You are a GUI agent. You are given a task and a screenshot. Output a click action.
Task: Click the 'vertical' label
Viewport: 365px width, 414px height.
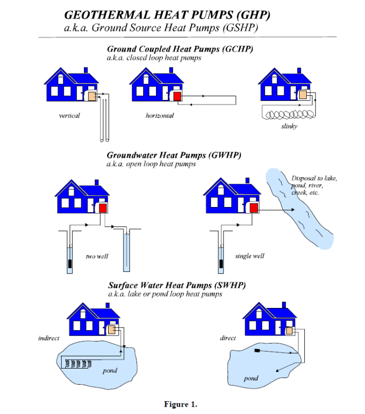point(69,115)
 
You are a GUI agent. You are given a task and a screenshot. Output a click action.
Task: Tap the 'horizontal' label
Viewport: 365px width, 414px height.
point(160,115)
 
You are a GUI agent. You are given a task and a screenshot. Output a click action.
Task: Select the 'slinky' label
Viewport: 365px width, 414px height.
point(289,126)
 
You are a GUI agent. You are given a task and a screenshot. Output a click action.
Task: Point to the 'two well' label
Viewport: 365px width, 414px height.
point(97,256)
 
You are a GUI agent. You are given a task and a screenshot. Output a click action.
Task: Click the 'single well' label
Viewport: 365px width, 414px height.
point(250,256)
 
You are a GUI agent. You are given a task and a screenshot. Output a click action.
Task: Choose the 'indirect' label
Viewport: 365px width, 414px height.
point(49,338)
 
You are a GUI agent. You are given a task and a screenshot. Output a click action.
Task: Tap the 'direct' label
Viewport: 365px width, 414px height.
point(228,338)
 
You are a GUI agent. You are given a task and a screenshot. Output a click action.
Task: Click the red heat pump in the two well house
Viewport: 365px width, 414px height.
point(103,208)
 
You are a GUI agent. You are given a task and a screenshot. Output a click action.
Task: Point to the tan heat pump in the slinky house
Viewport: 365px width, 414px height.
point(303,95)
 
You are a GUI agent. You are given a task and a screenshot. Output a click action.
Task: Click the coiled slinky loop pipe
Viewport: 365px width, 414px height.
point(288,113)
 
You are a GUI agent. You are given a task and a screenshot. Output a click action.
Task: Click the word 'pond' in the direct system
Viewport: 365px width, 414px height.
point(251,378)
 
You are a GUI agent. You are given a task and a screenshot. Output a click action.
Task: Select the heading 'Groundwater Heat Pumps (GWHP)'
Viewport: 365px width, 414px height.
point(174,155)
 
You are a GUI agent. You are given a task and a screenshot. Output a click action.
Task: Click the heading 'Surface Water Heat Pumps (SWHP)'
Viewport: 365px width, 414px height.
point(177,285)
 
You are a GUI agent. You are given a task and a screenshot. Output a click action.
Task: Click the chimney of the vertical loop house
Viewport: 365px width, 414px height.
point(86,70)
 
